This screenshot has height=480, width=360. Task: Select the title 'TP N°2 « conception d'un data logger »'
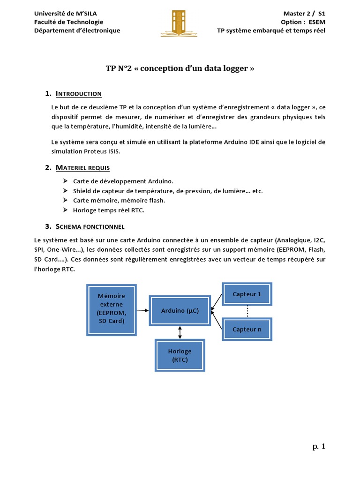click(180, 68)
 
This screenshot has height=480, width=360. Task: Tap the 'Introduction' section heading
click(78, 94)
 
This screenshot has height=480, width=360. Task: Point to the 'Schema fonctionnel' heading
click(90, 227)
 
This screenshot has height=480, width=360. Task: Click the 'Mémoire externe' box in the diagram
click(111, 308)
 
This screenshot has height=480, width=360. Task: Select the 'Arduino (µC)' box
click(180, 310)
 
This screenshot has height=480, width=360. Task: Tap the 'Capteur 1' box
click(247, 294)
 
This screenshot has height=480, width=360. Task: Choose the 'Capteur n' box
click(247, 329)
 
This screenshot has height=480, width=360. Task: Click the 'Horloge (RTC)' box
click(180, 355)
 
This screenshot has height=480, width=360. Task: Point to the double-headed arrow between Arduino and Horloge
click(180, 332)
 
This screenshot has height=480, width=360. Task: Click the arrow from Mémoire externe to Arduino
click(142, 310)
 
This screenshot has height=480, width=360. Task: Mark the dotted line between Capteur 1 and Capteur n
click(247, 312)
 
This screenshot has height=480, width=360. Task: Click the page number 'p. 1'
click(319, 447)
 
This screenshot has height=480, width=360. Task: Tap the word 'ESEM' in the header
click(316, 22)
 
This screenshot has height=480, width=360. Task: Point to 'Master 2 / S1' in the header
click(304, 14)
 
